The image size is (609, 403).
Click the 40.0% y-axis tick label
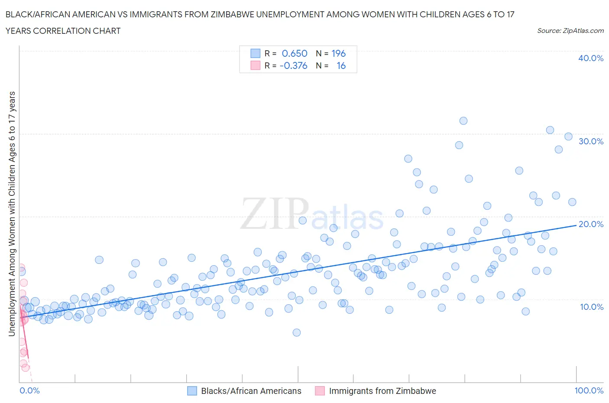[590, 58]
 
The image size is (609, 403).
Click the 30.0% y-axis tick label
[591, 141]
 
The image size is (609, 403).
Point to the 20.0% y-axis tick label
[591, 224]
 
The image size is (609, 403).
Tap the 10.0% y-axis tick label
[591, 307]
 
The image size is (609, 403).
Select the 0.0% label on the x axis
[29, 390]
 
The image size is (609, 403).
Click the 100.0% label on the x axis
[589, 390]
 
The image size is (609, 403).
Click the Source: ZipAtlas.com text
[570, 31]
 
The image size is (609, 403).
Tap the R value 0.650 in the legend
[295, 53]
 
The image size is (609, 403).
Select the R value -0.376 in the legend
[293, 65]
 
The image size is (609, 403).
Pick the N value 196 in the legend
[338, 53]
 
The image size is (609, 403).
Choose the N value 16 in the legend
[341, 65]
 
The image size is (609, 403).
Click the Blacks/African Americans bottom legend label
[251, 391]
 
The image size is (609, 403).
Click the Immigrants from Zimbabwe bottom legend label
[382, 391]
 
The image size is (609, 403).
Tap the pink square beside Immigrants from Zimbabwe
[320, 391]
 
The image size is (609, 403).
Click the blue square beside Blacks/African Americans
[192, 391]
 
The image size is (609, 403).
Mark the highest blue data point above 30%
[463, 121]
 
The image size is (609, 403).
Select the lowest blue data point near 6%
[297, 332]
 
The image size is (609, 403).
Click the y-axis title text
[12, 214]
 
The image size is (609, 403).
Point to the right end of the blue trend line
[576, 225]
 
